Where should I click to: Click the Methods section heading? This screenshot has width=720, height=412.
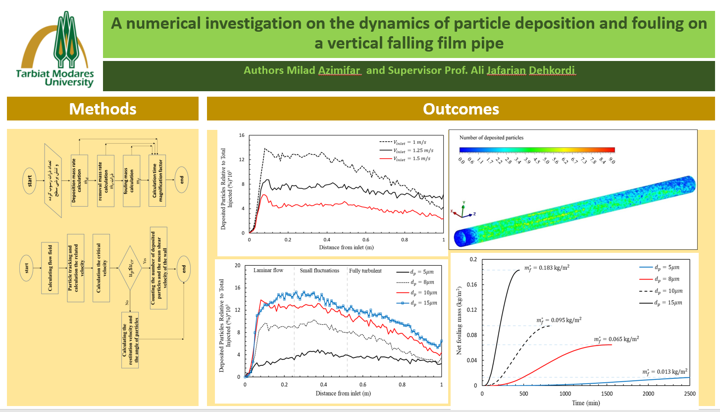(x=103, y=109)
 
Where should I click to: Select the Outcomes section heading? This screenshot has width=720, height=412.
(x=461, y=109)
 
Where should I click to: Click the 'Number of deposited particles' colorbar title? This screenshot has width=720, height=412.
(x=491, y=137)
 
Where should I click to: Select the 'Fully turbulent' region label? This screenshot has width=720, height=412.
(x=365, y=270)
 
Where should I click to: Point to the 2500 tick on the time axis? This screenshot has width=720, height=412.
(x=689, y=394)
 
